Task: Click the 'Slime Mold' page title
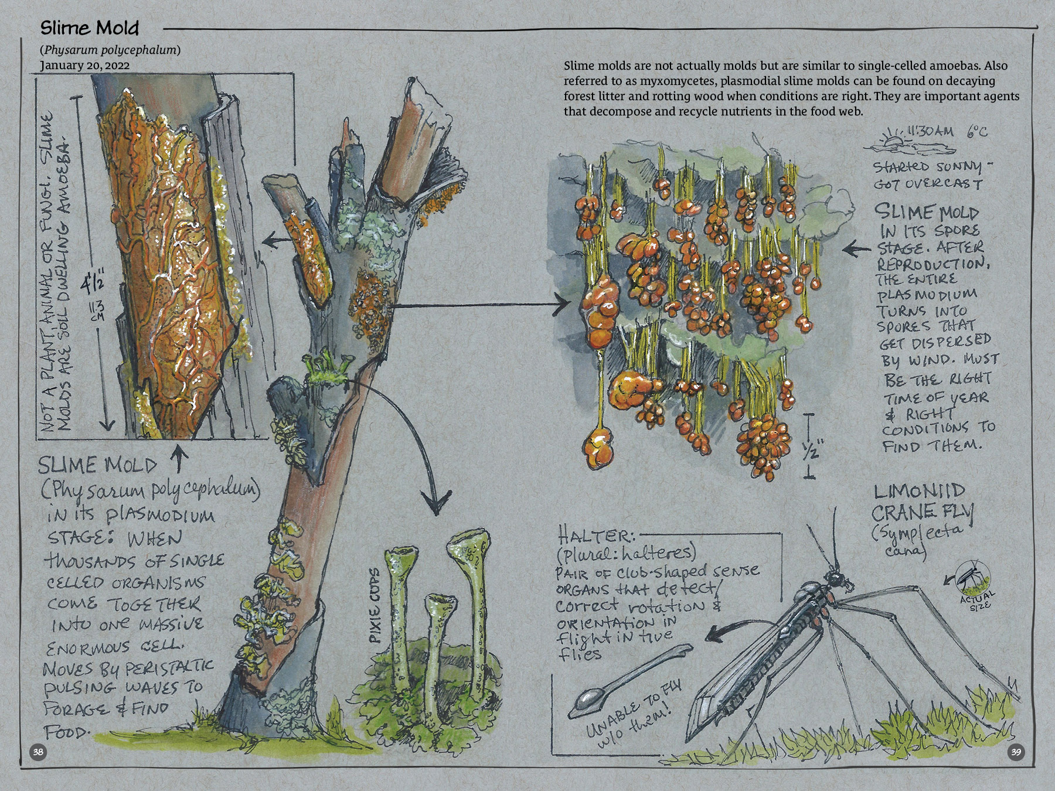(x=90, y=28)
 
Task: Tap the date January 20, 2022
(x=85, y=65)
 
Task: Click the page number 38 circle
(x=38, y=752)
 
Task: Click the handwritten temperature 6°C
(x=976, y=131)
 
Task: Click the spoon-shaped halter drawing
(x=630, y=680)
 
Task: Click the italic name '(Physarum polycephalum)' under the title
(x=110, y=50)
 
